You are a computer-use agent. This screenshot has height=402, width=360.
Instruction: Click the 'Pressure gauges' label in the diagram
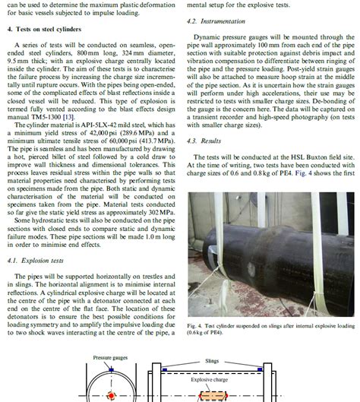click(x=110, y=357)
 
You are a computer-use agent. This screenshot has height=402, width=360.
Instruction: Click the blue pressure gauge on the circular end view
click(x=111, y=369)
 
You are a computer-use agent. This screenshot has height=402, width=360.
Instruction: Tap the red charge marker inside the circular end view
click(x=111, y=395)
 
